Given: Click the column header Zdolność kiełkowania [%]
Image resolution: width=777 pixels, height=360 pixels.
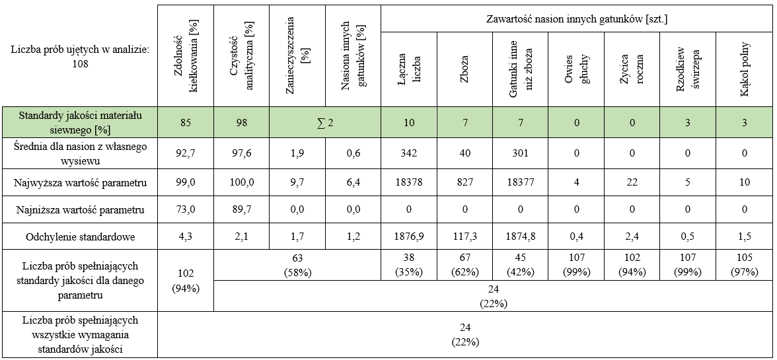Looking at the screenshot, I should [186, 56].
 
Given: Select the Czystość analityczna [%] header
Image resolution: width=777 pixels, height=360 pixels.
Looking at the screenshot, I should [242, 56].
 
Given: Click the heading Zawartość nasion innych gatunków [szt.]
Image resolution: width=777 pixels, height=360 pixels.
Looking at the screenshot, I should [576, 19].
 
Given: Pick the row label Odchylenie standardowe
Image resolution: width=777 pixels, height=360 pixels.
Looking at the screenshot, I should [79, 237].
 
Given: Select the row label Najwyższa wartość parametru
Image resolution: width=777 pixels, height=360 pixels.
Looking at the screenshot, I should [79, 182].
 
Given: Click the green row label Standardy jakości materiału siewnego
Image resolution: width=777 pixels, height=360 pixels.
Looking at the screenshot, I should [79, 122].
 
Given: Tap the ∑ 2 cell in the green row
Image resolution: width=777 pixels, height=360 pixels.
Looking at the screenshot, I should [325, 122].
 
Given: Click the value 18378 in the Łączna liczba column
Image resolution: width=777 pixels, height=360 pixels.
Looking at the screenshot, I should [409, 182].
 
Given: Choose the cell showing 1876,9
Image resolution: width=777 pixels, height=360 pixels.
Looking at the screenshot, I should [409, 237].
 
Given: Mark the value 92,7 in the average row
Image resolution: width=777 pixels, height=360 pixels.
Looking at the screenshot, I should [186, 155].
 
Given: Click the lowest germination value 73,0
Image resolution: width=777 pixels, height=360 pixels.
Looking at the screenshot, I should [186, 210].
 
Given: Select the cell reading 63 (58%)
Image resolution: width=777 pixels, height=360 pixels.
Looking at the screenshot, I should [297, 264].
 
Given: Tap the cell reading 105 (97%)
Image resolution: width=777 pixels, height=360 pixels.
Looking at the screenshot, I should [745, 264].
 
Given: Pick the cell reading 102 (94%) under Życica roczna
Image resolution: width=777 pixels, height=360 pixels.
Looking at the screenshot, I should [632, 264].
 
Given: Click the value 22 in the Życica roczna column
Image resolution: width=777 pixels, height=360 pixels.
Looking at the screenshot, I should [632, 182].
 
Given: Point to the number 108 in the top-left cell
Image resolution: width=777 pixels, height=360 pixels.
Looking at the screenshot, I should [79, 64].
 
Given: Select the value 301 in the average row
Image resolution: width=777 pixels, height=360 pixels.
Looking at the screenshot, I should [521, 155].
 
